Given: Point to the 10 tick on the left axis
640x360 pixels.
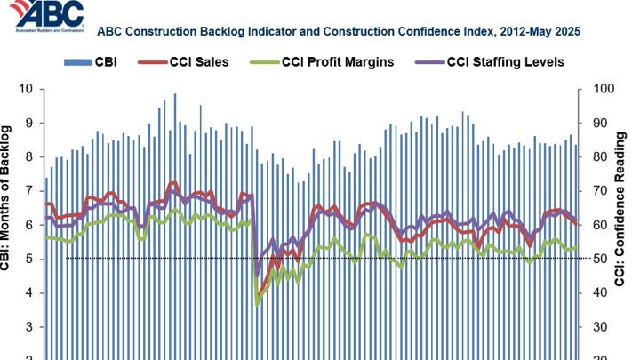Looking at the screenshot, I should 27,90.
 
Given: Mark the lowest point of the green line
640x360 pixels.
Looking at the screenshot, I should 258,304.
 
